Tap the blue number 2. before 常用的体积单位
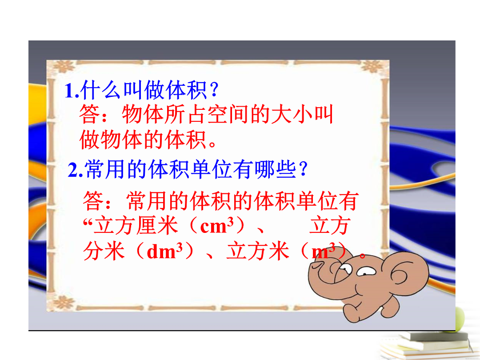pyautogui.click(x=75, y=170)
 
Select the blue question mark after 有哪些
pyautogui.click(x=303, y=169)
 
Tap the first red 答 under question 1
pyautogui.click(x=89, y=115)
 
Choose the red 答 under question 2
pyautogui.click(x=93, y=201)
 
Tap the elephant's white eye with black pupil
pyautogui.click(x=366, y=271)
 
